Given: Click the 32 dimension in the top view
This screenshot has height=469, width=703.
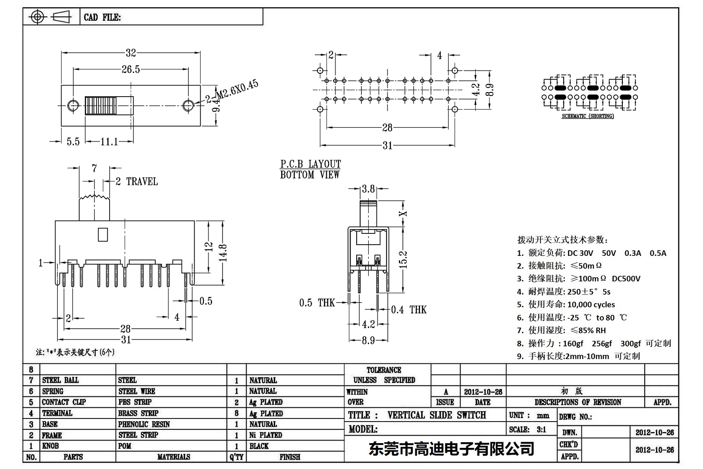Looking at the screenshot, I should pos(131,53).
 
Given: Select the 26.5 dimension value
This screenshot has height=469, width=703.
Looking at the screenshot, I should pos(130,69).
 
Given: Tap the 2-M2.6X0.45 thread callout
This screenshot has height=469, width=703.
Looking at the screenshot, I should pos(232,91).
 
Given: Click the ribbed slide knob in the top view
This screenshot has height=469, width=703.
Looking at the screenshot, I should pos(101,105).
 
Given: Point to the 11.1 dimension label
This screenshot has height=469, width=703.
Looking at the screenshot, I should pos(109,142).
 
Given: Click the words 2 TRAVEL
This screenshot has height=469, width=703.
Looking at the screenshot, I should pos(137,182).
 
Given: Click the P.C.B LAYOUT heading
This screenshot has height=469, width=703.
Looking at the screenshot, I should pos(311,164).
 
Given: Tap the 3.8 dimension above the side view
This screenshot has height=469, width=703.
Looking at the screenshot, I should pos(368,189).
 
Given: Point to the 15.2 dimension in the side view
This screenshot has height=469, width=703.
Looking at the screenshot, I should pos(403,260).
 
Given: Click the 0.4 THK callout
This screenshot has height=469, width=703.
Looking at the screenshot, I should pos(408,309).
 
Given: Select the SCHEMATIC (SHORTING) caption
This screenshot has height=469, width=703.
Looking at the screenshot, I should pos(587,116).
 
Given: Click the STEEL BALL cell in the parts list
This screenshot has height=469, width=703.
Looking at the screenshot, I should pos(60,380).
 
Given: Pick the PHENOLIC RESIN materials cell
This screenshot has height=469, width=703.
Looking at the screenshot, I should pos(144,424).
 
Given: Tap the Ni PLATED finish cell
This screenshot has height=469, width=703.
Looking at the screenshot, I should pos(266,435).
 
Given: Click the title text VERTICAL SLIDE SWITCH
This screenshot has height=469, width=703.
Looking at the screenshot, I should pos(436,415).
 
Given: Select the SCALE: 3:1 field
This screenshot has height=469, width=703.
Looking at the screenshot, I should pos(527,429).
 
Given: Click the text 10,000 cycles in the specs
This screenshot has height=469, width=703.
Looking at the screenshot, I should pos(591,304).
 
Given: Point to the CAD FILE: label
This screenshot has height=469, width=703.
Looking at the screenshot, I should pos(102,17).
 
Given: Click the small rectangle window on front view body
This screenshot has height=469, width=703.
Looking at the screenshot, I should pos(103,234).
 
